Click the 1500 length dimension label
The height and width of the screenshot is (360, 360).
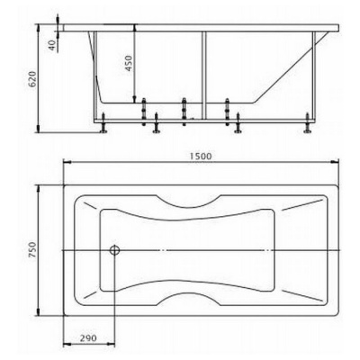tap(201, 157)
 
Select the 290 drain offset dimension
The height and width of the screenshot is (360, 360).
tap(88, 338)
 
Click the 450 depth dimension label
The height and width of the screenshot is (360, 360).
tap(129, 63)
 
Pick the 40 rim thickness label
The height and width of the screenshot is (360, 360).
tap(52, 45)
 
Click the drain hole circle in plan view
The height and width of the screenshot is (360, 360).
tap(114, 250)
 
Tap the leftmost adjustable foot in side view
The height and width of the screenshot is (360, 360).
tap(103, 122)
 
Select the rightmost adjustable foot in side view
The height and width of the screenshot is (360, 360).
tap(308, 122)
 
